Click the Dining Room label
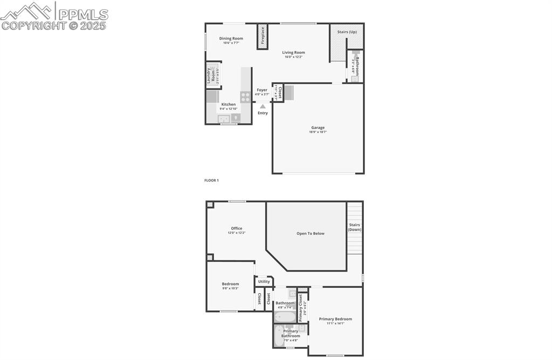click(x=231, y=38)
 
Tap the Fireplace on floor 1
click(x=263, y=37)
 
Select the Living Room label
click(x=294, y=52)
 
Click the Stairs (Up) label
click(x=347, y=32)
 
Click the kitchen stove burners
click(x=245, y=97)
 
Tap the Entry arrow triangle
click(x=263, y=107)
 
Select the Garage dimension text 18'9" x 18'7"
click(x=318, y=132)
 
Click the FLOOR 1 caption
click(x=211, y=181)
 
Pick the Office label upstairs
click(x=236, y=229)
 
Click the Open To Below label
click(x=310, y=233)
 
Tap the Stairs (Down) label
click(x=354, y=227)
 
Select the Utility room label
click(x=264, y=281)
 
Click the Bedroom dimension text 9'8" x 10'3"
click(x=230, y=288)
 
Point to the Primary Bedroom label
click(x=335, y=319)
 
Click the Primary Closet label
click(x=301, y=307)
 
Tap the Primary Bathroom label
click(x=291, y=334)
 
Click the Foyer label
click(x=262, y=90)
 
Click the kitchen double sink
click(x=224, y=119)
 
